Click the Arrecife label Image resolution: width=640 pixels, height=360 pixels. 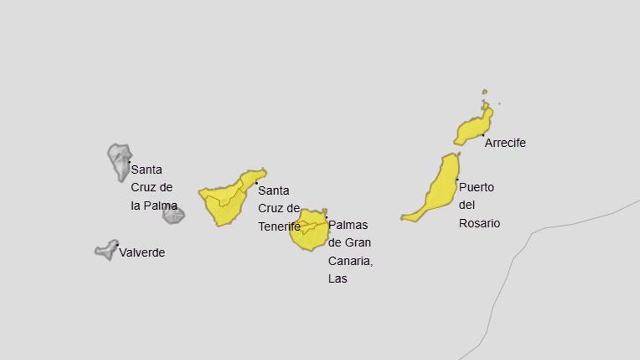[x=505, y=143]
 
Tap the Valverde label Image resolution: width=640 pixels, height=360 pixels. [x=142, y=253]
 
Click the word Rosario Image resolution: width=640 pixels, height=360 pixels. [x=479, y=223]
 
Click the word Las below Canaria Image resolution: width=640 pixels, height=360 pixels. [x=338, y=278]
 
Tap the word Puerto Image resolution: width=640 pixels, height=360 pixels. [x=476, y=188]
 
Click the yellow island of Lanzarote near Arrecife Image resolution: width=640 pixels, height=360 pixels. [x=472, y=130]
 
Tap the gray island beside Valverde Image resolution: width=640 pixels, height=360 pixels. [x=107, y=250]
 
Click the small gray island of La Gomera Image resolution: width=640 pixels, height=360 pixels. [x=173, y=215]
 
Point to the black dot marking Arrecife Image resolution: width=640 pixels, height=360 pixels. [x=483, y=135]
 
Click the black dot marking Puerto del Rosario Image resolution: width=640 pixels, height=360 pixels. [x=457, y=180]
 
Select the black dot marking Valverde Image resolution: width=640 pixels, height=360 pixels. [x=117, y=245]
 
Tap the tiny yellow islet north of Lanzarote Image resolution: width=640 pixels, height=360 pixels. [x=484, y=92]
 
